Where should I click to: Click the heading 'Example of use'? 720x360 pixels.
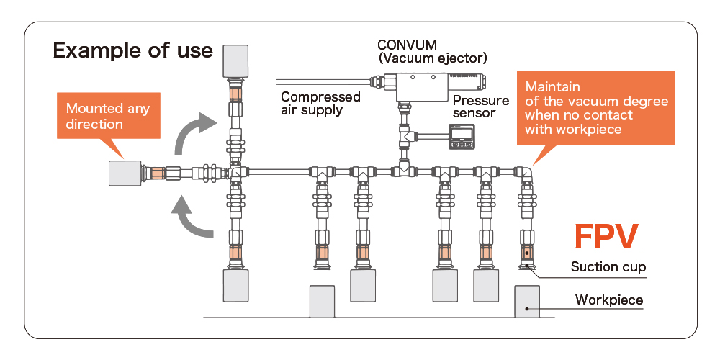[132, 51]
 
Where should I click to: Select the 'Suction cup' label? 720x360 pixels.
[608, 267]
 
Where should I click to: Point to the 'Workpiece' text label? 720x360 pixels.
[608, 300]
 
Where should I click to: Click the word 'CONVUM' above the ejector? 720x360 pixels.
[408, 45]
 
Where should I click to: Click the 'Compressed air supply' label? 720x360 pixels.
[320, 103]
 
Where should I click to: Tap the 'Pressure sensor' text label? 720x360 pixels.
[480, 107]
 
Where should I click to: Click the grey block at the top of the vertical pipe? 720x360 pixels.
[235, 63]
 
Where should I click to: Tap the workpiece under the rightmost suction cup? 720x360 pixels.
[528, 302]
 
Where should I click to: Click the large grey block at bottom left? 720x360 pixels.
[235, 286]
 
